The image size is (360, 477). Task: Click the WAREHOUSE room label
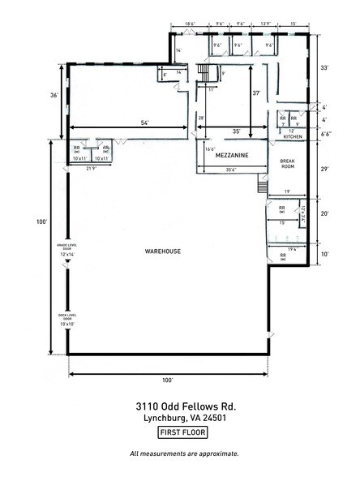click(x=163, y=251)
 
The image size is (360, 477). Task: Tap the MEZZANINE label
click(x=230, y=153)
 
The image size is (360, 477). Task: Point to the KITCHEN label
click(x=292, y=137)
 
